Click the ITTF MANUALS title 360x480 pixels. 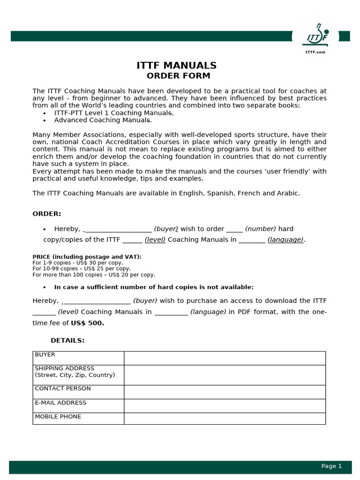pos(176,66)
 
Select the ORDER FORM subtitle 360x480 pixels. pos(178,76)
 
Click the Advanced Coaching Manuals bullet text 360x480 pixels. pos(103,120)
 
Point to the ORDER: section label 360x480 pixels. pos(47,214)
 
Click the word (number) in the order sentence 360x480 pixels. pos(261,229)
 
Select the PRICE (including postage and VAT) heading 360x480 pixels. pos(87,257)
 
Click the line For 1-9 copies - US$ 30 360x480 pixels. pos(78,263)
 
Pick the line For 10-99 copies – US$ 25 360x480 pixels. pos(82,269)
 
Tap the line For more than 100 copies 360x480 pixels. pos(94,275)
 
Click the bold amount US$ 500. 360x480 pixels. pos(87,323)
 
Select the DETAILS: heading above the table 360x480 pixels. pos(67,340)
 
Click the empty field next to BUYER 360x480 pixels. pos(225,358)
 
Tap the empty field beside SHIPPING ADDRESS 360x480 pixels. pos(225,375)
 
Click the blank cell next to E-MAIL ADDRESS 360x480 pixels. pos(225,406)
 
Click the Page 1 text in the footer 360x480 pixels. pos(331,466)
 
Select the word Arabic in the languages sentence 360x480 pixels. pos(288,193)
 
